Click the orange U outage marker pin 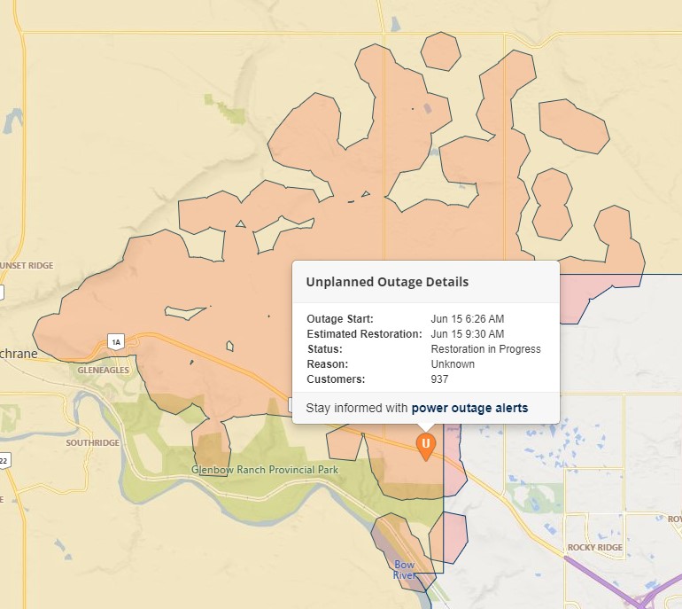pyautogui.click(x=426, y=444)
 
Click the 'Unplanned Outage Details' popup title pyautogui.click(x=387, y=282)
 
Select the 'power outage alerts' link pyautogui.click(x=469, y=408)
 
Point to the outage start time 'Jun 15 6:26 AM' pyautogui.click(x=467, y=319)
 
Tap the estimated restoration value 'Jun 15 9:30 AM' pyautogui.click(x=467, y=334)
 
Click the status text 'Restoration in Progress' pyautogui.click(x=485, y=349)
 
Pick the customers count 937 pyautogui.click(x=439, y=379)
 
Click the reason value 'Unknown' pyautogui.click(x=453, y=364)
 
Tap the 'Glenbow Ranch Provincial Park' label pyautogui.click(x=265, y=469)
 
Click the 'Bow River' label pyautogui.click(x=404, y=570)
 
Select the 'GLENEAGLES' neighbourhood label pyautogui.click(x=104, y=370)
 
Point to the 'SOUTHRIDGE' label pyautogui.click(x=92, y=442)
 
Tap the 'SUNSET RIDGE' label pyautogui.click(x=27, y=265)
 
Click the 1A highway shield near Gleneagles pyautogui.click(x=114, y=341)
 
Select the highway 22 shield pyautogui.click(x=4, y=460)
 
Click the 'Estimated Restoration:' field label pyautogui.click(x=364, y=334)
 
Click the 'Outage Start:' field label pyautogui.click(x=340, y=319)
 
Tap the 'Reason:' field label pyautogui.click(x=327, y=364)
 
